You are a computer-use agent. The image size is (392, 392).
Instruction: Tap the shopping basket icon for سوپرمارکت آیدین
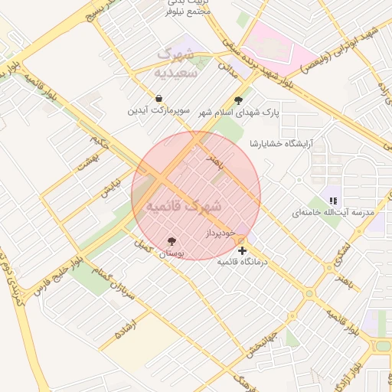tap(158, 99)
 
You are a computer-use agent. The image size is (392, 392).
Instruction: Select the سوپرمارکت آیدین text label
tap(158, 111)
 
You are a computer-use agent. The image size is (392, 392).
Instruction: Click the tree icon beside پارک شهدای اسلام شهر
tap(238, 100)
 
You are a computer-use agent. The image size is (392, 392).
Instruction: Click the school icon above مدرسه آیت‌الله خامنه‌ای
tap(333, 200)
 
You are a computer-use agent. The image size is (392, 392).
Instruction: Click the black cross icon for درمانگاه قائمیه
tap(243, 250)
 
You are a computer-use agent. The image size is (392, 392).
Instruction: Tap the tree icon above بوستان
tap(172, 242)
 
